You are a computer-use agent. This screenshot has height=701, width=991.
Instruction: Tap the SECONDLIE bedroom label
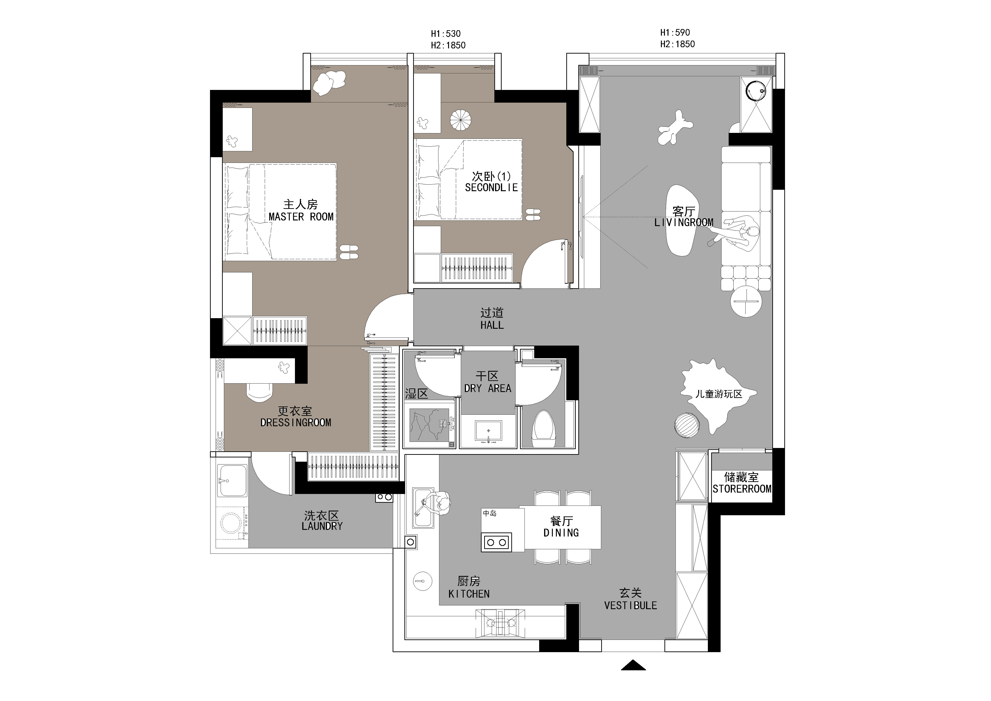pos(491,187)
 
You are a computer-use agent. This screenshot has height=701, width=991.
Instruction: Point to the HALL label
pos(492,325)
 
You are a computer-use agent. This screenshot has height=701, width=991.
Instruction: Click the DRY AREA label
pos(488,389)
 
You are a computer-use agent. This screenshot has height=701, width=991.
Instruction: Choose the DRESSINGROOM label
pos(296,422)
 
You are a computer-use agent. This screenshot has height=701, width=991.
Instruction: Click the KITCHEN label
pos(469,594)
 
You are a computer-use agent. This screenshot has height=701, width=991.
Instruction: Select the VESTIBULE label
pos(631,606)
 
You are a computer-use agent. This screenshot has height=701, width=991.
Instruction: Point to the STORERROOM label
pos(742,489)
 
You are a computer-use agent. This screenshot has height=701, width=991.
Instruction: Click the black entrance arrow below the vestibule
pos(633,665)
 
